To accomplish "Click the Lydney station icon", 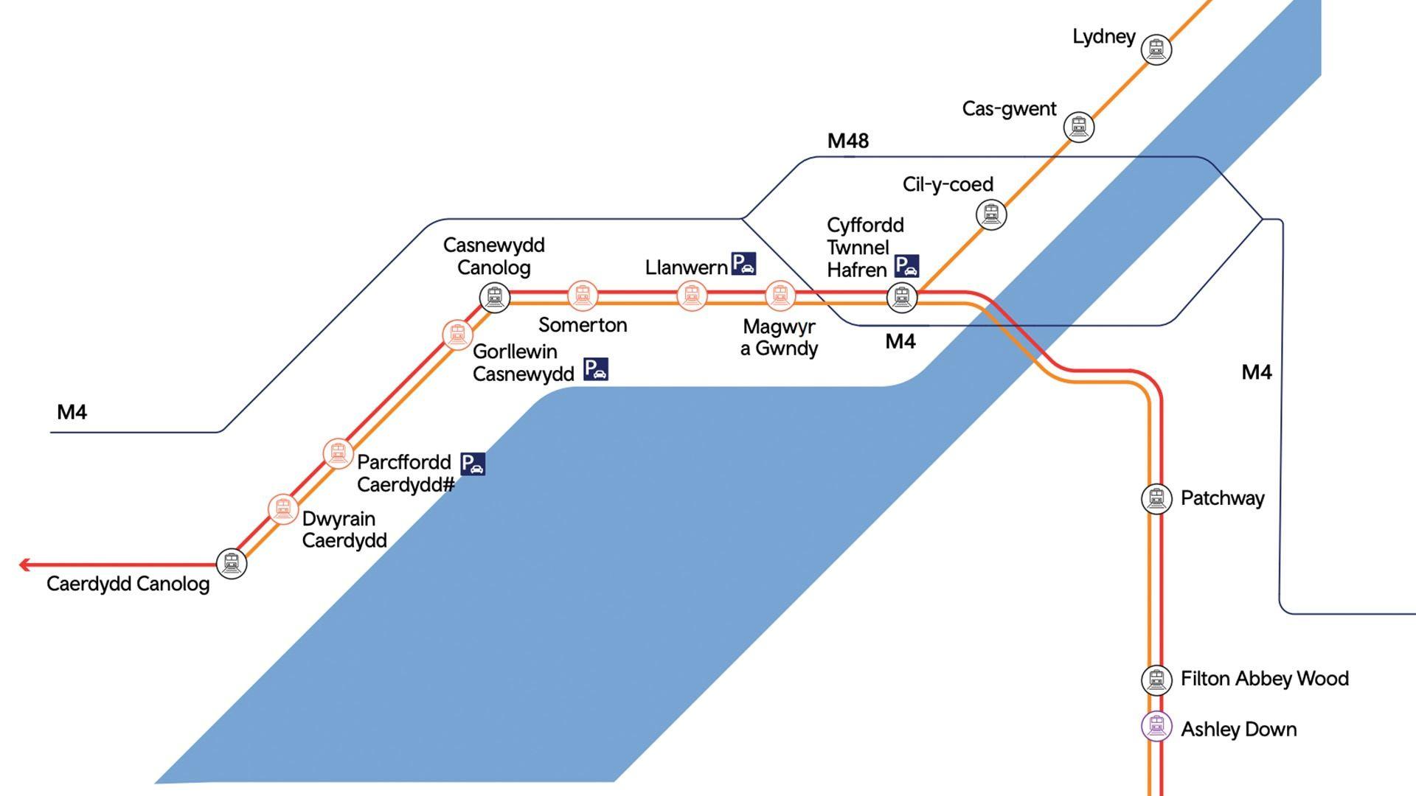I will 1156,49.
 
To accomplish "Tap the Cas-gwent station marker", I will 1078,127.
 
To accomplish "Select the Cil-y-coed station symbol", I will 990,214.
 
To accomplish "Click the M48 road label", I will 848,141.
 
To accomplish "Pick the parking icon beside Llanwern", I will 743,264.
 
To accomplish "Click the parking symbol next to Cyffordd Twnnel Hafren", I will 906,266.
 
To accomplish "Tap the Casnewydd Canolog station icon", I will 494,297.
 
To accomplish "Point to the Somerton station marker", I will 583,296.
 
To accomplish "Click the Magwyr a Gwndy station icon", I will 780,296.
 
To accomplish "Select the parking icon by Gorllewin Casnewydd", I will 596,369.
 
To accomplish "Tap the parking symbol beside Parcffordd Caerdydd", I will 473,464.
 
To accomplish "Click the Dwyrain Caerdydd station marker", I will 282,509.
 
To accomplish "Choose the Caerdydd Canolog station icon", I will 232,564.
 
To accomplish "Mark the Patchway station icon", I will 1156,498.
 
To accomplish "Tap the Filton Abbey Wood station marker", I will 1156,680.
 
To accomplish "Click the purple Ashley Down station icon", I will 1156,727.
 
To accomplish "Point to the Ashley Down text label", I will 1238,730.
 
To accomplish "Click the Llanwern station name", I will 686,268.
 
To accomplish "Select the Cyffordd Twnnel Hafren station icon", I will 901,297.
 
